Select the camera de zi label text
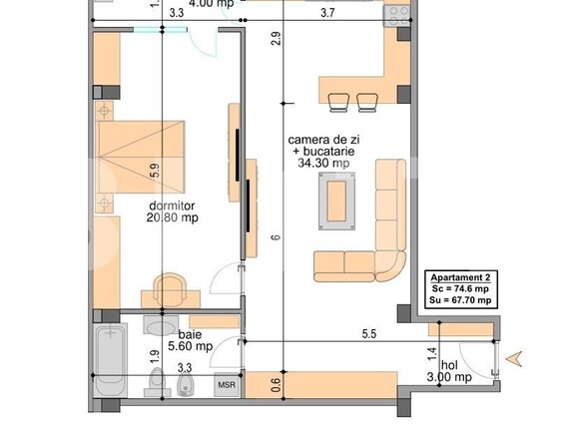[317, 140]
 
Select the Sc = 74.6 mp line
[460, 287]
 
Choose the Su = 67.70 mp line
[460, 298]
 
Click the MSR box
[228, 383]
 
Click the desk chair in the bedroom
[171, 287]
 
